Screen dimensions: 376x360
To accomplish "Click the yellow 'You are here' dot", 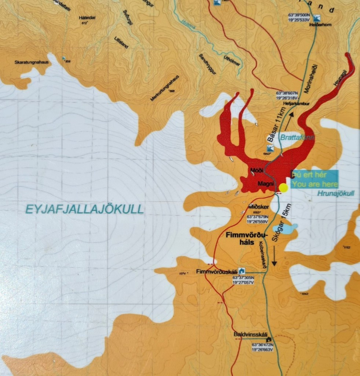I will (x=283, y=188).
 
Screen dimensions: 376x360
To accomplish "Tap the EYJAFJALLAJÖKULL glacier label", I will (x=84, y=209).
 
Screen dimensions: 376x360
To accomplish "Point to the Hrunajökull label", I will (x=336, y=194).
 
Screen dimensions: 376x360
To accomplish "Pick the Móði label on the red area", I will (x=256, y=170).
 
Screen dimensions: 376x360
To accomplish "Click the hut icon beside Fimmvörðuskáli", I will (x=241, y=271).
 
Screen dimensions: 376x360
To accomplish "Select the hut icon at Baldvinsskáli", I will (x=270, y=339).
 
